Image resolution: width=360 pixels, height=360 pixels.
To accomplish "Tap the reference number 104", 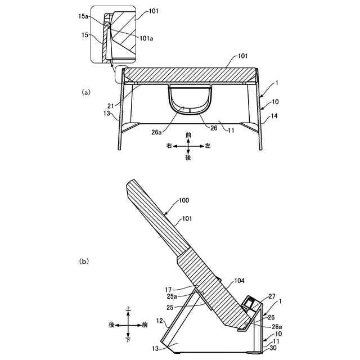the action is click(x=239, y=280).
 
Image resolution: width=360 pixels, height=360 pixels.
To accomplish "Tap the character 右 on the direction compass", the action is click(x=168, y=146).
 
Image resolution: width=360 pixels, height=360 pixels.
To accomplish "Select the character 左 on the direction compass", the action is click(x=208, y=146).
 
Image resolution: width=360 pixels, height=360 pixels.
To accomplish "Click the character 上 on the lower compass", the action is click(x=129, y=309).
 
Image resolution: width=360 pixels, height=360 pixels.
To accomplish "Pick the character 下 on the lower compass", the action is click(x=129, y=339).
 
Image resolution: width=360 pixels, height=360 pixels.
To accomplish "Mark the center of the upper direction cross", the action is click(x=188, y=146).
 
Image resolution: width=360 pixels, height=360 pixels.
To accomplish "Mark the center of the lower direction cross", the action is click(x=129, y=325).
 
